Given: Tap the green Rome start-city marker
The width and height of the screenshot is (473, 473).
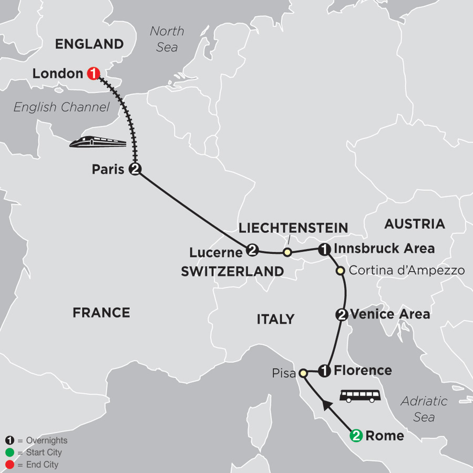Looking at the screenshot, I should (x=356, y=435).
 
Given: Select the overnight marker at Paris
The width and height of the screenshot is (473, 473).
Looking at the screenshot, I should (x=136, y=169).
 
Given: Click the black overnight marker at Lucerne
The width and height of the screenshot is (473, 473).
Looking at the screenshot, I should (x=251, y=250).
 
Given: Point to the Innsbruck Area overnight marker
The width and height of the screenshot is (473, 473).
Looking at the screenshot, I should (x=325, y=249).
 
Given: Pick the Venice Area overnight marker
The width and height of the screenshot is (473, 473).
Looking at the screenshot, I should (x=341, y=314).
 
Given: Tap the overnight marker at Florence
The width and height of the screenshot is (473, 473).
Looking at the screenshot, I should (x=325, y=371).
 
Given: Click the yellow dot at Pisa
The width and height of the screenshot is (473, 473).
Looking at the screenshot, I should (x=303, y=373).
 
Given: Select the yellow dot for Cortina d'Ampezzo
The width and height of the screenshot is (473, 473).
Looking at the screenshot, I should (x=340, y=271).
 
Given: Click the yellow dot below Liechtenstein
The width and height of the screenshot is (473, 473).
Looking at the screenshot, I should (x=287, y=253).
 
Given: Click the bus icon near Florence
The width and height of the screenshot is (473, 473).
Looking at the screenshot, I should (x=360, y=396).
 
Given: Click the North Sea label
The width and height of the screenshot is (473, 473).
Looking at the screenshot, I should (x=167, y=39).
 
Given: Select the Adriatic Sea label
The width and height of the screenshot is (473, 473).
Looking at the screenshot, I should (x=424, y=409).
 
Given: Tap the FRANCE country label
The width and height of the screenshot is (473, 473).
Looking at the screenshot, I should (x=101, y=313).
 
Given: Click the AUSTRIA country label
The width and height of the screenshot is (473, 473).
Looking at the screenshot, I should (x=414, y=224).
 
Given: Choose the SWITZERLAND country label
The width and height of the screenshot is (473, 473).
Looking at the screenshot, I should (x=232, y=271).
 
